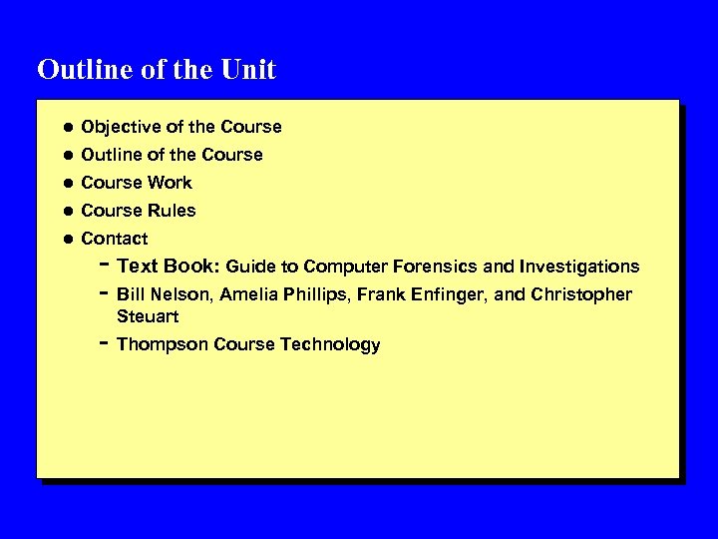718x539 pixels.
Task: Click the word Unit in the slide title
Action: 249,70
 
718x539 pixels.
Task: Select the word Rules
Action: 172,211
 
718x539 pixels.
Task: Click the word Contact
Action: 114,239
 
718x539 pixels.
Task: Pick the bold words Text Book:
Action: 168,267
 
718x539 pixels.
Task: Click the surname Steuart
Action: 147,316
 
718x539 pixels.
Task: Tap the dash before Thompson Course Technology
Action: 104,341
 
